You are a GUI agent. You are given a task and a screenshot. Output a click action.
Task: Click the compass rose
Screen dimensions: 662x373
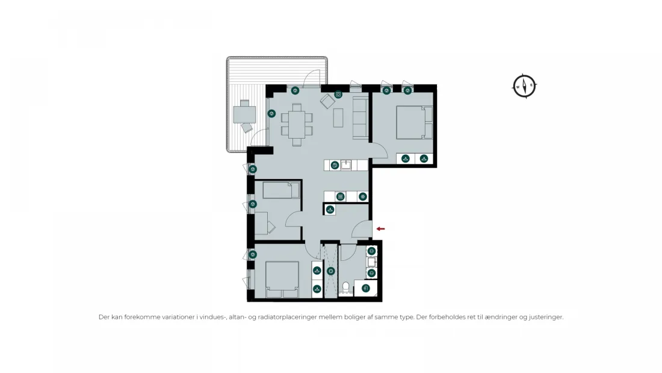524,86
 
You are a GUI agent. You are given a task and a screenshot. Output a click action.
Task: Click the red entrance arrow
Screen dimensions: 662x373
380,229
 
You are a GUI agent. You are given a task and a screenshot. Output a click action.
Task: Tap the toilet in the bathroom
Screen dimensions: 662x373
346,288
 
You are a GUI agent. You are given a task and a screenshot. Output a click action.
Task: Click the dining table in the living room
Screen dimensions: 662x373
297,124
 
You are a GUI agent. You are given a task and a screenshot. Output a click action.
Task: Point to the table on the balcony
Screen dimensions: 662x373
244,114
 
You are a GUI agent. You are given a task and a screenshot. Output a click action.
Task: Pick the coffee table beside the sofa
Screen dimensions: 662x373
338,118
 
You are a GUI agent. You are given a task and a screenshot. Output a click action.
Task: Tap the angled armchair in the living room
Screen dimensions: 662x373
327,101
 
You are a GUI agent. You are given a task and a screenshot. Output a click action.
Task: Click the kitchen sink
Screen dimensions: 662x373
346,165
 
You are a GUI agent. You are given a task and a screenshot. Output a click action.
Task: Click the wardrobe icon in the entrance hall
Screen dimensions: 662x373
330,210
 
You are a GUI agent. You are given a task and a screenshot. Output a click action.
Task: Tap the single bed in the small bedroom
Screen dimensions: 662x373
281,190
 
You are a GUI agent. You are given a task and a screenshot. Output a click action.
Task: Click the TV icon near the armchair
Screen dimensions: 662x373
338,95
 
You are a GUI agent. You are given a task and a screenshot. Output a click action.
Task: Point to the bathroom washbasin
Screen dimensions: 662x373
371,262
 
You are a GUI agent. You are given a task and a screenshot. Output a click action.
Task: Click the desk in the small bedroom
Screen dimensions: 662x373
261,223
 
